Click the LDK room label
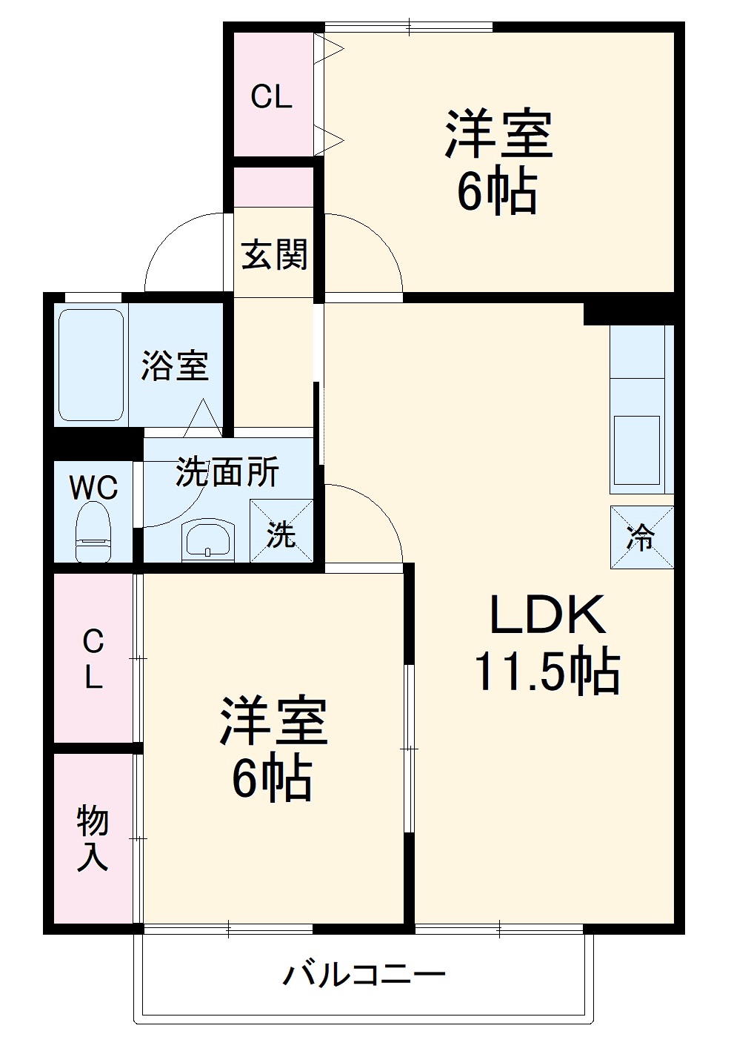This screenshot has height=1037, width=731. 547,614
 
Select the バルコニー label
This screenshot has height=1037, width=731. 364,973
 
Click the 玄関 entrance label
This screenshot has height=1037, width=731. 274,256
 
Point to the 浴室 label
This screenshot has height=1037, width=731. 176,365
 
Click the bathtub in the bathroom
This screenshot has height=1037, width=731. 90,365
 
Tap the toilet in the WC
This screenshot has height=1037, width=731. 93,532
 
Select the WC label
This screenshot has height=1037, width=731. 93,488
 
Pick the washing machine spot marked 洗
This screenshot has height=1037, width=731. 281,531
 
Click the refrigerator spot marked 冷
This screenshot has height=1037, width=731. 641,537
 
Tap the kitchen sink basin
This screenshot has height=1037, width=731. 637,450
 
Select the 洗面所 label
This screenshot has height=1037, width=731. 227,472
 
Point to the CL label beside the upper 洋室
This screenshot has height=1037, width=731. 271,96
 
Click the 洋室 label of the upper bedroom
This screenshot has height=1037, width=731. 498,134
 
